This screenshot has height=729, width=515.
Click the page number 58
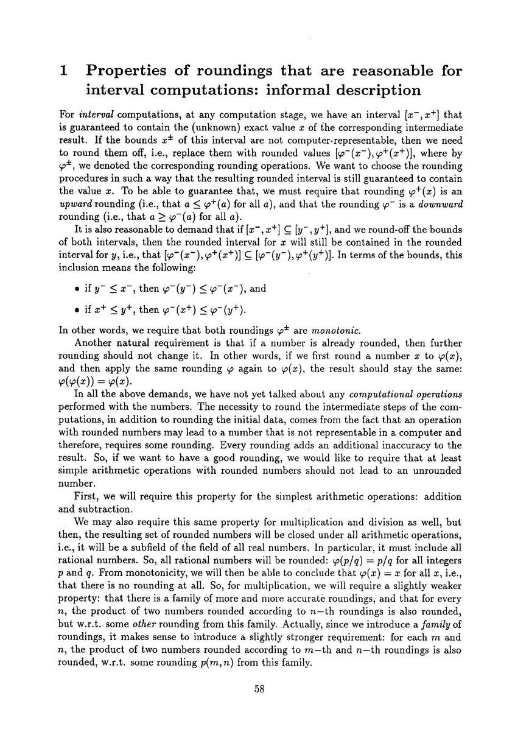point(257,689)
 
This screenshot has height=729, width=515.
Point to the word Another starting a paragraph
point(92,343)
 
